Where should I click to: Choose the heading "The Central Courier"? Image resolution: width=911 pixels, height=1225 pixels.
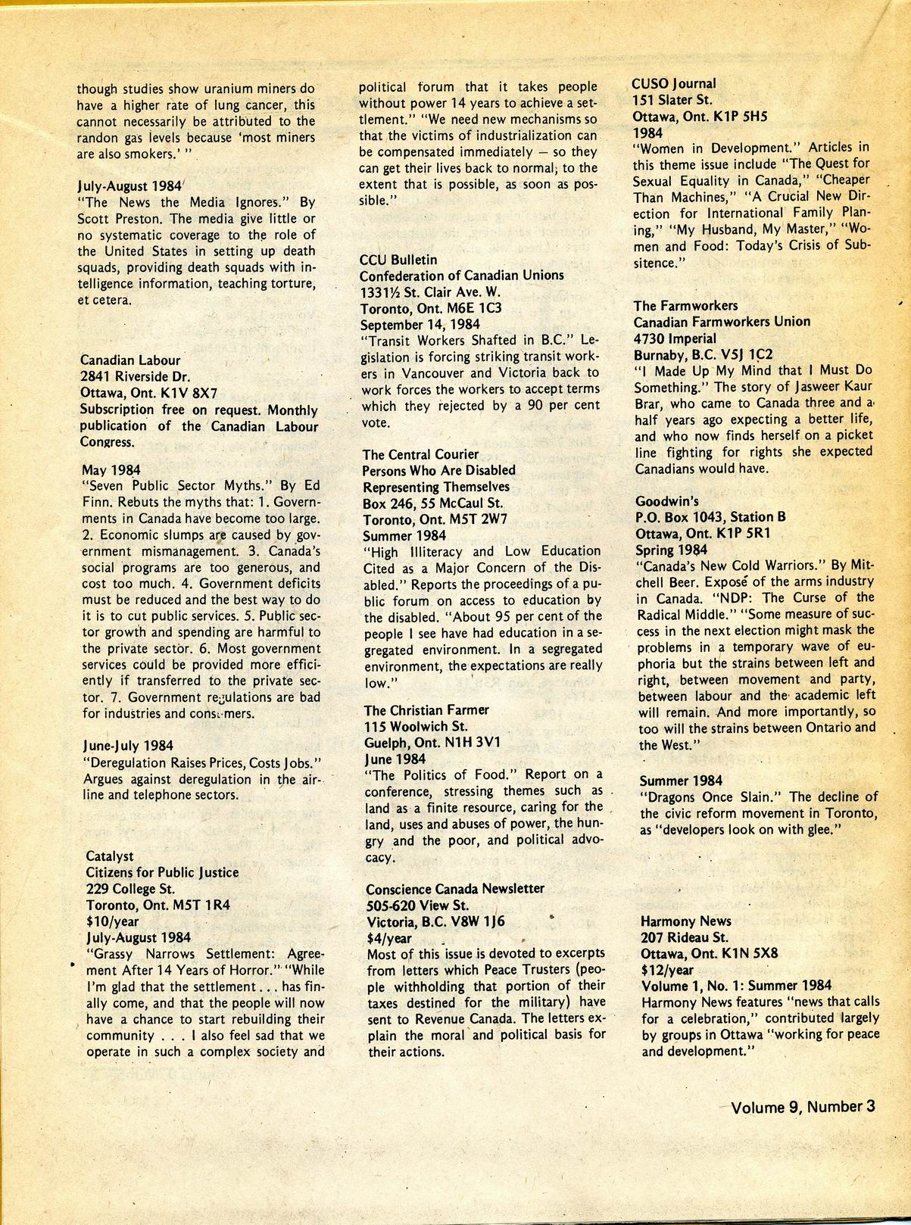point(420,454)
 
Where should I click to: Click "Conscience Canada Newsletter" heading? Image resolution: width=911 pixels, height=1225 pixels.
point(454,888)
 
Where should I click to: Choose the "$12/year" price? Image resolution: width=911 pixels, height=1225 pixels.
point(666,969)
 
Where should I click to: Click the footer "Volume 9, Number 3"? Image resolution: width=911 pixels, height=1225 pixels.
point(803,1107)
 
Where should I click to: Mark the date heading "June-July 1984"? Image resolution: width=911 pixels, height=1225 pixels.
point(127,746)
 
